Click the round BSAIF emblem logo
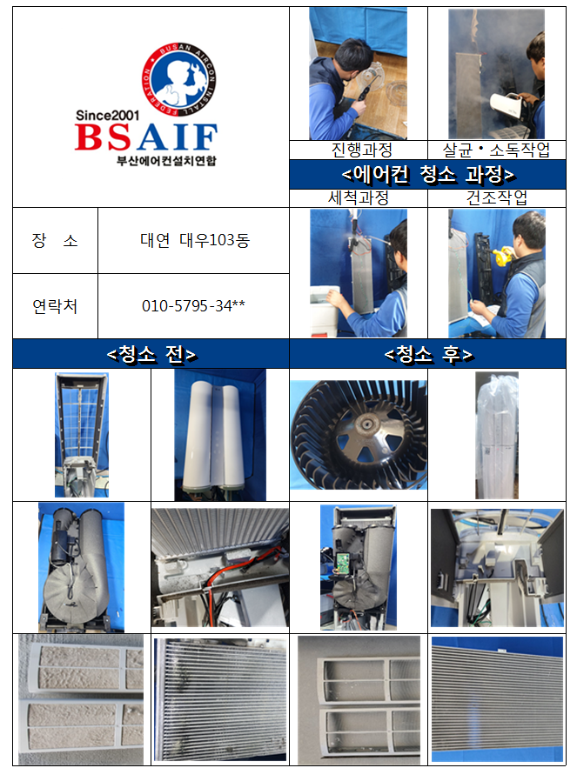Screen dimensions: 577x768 179,79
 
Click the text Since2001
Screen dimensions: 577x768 107,116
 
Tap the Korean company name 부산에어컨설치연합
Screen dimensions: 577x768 166,161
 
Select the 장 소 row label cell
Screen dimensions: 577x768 55,241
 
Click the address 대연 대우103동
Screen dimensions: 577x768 195,240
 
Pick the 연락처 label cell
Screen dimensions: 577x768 55,306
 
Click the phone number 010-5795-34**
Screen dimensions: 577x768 193,305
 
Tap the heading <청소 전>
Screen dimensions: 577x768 151,354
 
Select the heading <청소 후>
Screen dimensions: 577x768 428,354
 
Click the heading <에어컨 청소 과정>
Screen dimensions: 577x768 427,174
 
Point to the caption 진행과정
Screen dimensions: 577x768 361,150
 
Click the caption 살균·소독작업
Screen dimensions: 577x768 496,150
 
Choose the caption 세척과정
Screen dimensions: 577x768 359,198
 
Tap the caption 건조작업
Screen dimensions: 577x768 497,198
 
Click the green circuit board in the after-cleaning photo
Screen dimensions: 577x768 343,561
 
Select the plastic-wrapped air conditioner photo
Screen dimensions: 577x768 497,435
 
